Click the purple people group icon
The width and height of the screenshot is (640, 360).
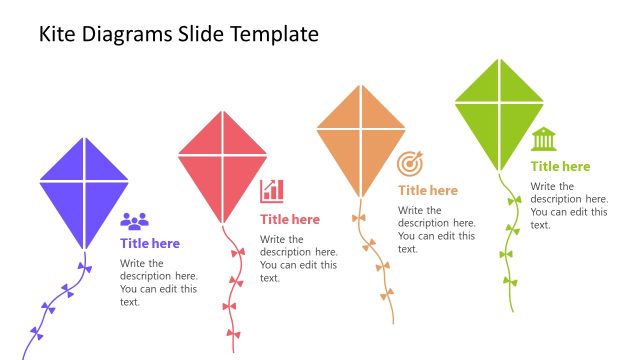click(x=134, y=221)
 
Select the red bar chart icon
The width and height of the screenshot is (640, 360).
click(x=272, y=190)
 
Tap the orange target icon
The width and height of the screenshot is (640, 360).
click(x=410, y=163)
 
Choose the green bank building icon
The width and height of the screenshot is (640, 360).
click(x=544, y=138)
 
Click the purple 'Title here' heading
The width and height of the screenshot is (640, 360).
click(x=150, y=243)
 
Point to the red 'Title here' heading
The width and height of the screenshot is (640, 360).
click(x=290, y=219)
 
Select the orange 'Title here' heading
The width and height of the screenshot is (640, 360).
click(x=428, y=190)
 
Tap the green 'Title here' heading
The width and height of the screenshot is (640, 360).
click(x=560, y=166)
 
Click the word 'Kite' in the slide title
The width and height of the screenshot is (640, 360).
click(x=59, y=34)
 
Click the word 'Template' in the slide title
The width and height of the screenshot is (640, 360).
click(x=274, y=34)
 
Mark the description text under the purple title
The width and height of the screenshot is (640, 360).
click(x=158, y=283)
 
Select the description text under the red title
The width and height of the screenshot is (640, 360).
click(x=298, y=258)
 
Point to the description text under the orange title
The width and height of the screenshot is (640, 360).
click(x=436, y=229)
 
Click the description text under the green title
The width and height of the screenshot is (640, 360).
click(x=568, y=205)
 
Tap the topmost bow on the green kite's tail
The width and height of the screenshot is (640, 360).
click(x=514, y=200)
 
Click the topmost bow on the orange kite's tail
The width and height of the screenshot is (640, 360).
click(x=359, y=217)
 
